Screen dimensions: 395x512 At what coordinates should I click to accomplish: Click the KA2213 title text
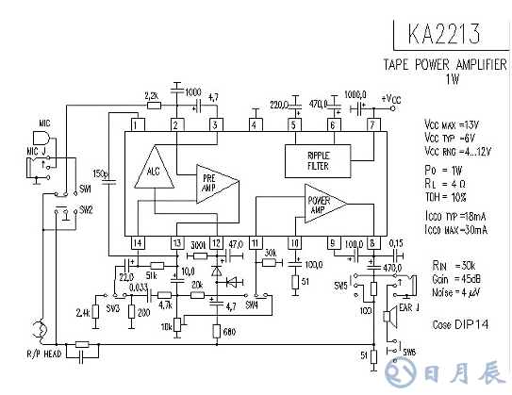coord(444,34)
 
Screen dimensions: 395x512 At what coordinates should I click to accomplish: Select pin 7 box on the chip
coord(372,124)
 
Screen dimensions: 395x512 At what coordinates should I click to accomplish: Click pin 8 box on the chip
coord(372,243)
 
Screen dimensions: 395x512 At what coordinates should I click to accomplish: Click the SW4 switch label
coord(251,305)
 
